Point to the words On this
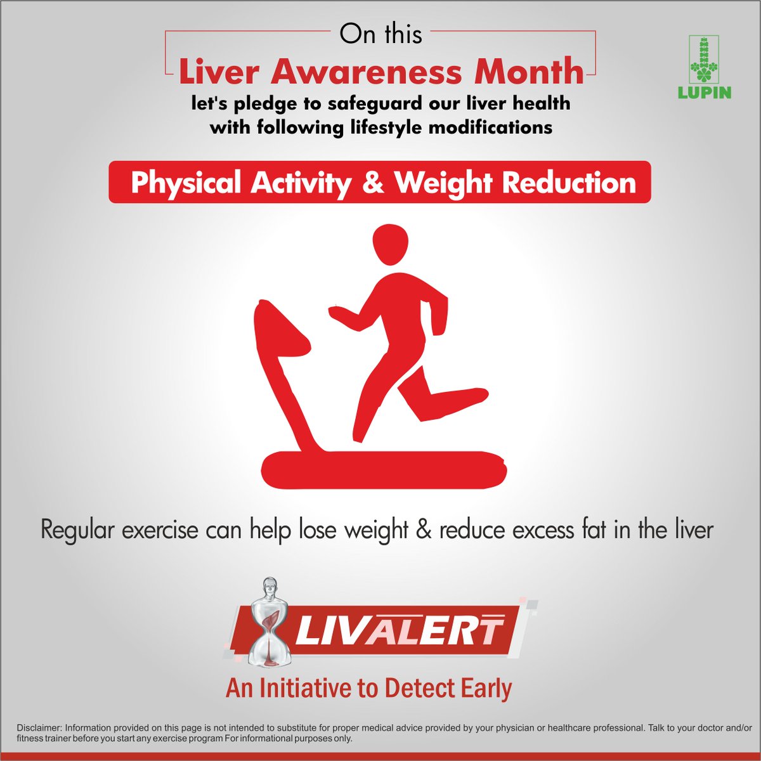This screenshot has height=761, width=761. (x=380, y=34)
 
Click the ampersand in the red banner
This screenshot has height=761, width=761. (x=372, y=183)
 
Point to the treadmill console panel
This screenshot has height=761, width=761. (x=279, y=330)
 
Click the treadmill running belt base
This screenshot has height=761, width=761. (x=384, y=470)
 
